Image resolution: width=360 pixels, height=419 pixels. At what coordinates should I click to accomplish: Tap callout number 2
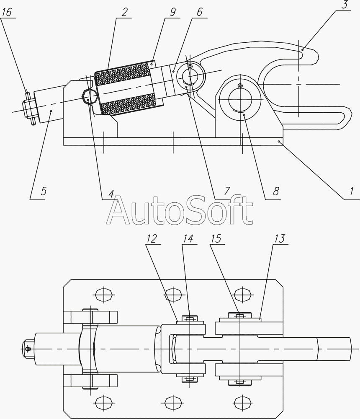click(124, 12)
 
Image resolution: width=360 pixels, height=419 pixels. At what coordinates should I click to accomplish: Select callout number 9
click(173, 12)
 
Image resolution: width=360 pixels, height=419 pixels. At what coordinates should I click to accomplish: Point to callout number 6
click(200, 12)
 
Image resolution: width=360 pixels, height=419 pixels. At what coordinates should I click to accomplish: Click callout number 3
click(345, 5)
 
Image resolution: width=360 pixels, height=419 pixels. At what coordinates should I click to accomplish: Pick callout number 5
click(43, 191)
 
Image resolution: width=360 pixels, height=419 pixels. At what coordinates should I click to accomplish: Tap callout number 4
click(111, 194)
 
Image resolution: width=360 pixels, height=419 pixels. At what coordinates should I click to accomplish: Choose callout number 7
click(226, 191)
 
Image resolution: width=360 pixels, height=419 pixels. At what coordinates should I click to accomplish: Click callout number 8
click(275, 191)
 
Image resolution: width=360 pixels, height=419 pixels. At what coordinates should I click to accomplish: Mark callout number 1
click(352, 191)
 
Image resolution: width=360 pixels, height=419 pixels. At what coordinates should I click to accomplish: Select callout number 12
click(151, 239)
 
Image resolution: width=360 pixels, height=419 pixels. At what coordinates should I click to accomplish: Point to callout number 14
click(188, 239)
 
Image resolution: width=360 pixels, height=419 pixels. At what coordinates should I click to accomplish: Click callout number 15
click(216, 239)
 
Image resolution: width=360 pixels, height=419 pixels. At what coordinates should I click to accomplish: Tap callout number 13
click(280, 239)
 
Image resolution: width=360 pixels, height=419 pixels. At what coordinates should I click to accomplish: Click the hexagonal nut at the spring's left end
click(89, 96)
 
